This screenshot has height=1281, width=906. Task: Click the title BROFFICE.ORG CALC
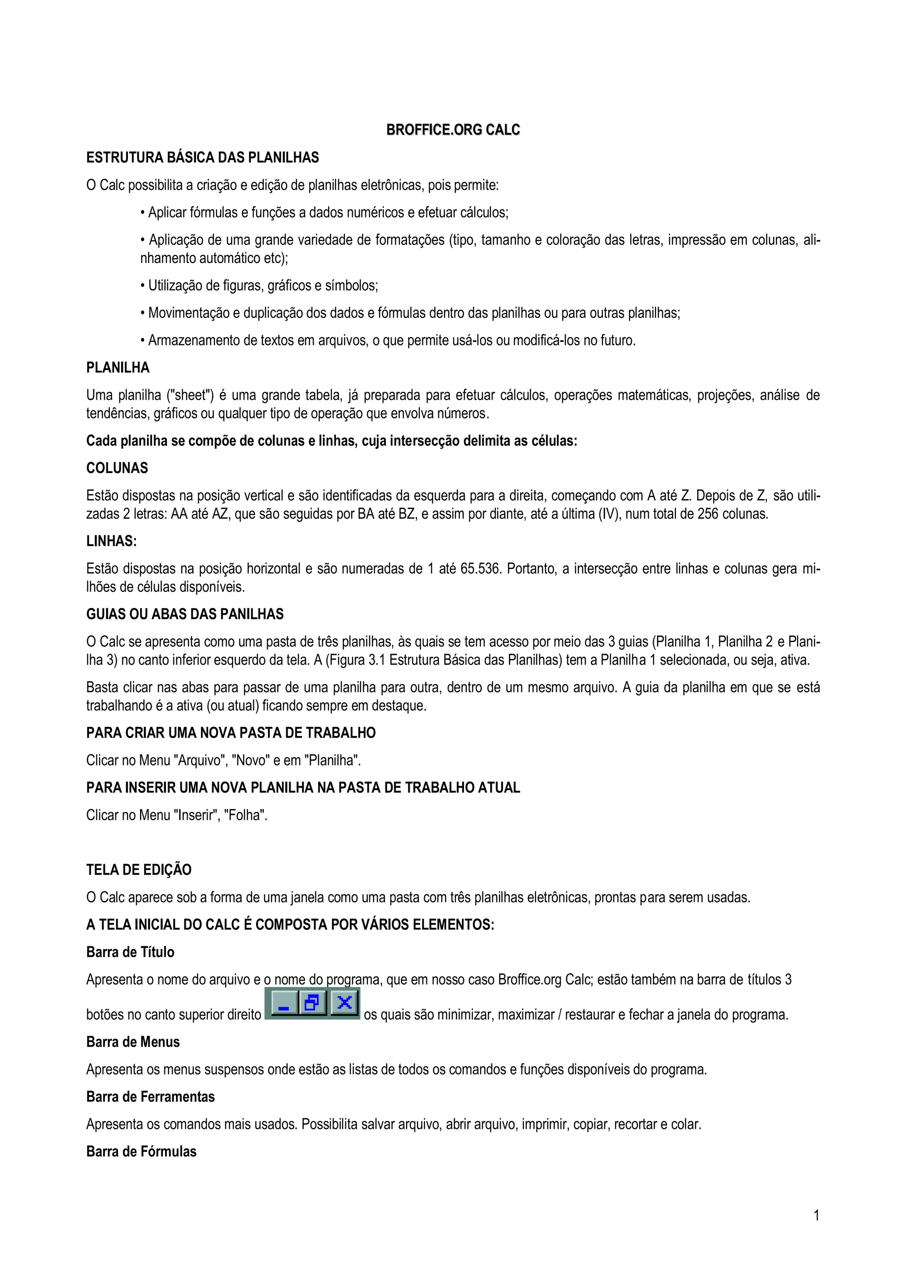point(453,130)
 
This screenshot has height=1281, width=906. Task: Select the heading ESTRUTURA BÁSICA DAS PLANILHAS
point(202,158)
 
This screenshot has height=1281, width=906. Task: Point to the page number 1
point(817,1215)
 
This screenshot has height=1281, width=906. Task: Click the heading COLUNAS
point(117,468)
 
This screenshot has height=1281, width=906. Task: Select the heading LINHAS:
point(111,541)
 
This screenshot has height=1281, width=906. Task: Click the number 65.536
point(480,569)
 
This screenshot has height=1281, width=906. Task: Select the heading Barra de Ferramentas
point(150,1097)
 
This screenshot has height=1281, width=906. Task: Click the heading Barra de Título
point(130,952)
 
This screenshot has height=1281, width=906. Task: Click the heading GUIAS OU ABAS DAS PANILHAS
point(185,614)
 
